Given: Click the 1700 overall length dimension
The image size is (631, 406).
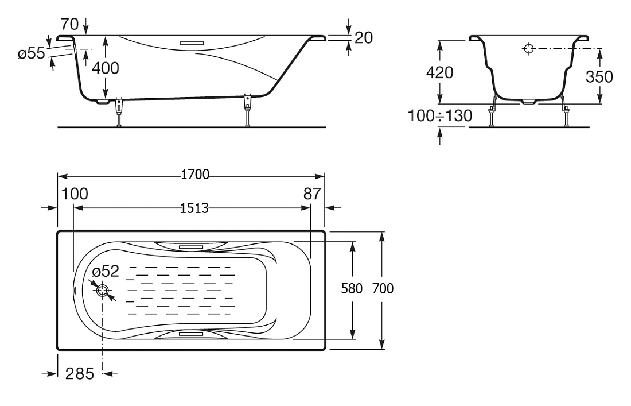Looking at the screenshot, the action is [x=195, y=175].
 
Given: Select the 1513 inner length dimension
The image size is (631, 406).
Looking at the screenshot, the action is [x=194, y=208].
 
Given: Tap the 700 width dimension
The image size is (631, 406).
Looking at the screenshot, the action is [x=383, y=288].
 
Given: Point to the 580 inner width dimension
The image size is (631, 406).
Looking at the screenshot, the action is [x=352, y=288].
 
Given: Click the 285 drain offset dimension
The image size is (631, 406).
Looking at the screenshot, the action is [x=80, y=374].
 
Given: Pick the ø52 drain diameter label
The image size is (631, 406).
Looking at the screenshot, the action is [x=106, y=272].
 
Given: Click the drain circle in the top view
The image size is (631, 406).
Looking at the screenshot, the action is [x=103, y=291].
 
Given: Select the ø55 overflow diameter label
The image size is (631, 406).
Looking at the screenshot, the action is [x=32, y=53].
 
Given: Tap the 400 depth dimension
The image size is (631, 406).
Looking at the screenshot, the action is [x=106, y=68].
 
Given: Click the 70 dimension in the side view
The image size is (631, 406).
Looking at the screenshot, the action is [x=69, y=24].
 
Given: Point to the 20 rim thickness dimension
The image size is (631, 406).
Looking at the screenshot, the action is [x=364, y=37].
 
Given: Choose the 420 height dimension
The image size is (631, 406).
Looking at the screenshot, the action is [x=440, y=72].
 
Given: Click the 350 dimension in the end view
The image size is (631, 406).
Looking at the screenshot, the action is [x=599, y=76].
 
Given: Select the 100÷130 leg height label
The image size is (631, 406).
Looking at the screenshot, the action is [x=440, y=116].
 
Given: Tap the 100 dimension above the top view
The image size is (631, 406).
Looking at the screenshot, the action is [x=75, y=194].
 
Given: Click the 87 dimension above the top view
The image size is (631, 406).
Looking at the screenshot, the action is [x=312, y=194].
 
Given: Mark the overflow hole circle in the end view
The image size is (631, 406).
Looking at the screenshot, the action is [x=529, y=49].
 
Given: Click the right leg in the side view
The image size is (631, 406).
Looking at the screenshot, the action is [x=247, y=111].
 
